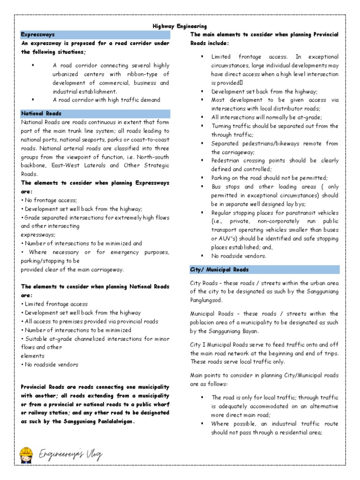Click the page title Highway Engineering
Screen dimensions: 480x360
(180, 26)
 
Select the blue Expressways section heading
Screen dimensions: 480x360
(37, 35)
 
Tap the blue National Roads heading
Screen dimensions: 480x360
(41, 113)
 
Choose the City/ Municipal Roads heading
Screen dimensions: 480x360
(219, 270)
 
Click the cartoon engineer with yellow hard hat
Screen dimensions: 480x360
(26, 454)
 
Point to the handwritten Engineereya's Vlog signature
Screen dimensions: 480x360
(70, 454)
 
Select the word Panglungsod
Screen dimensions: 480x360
(207, 300)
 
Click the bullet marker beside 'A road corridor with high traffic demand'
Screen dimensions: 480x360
(33, 99)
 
